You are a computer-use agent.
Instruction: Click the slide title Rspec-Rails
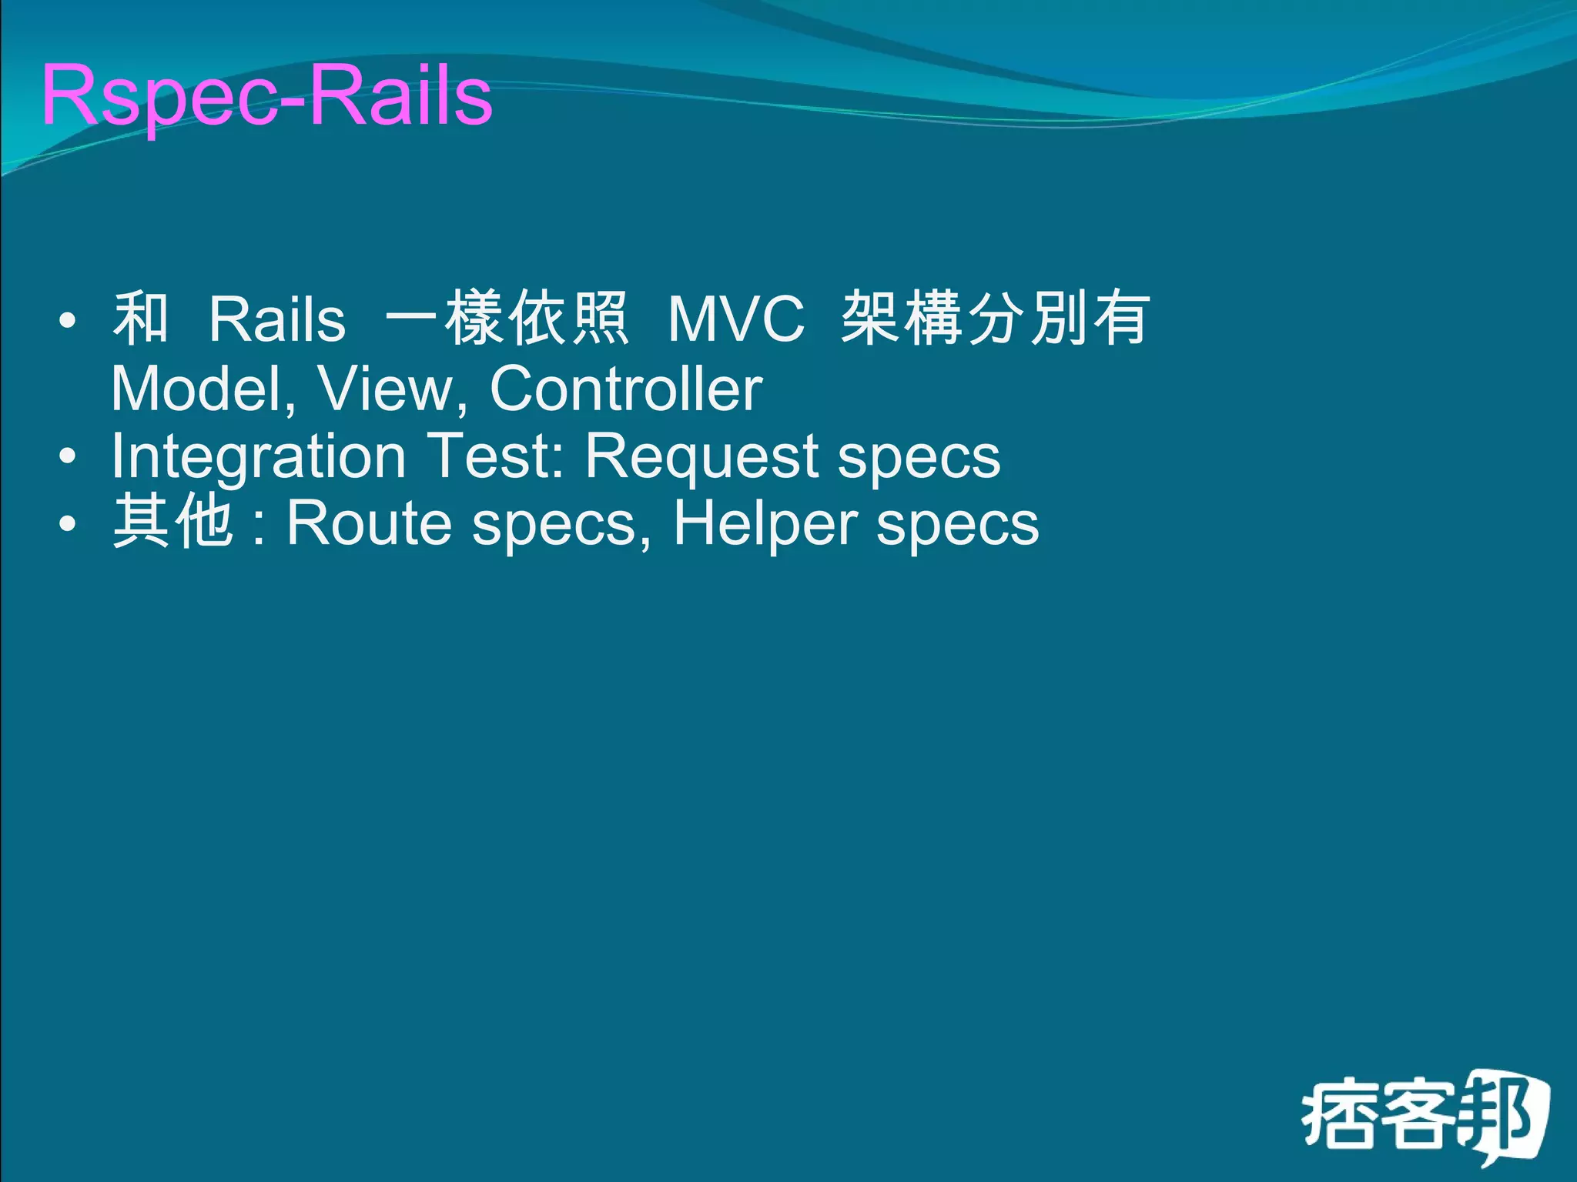pos(266,96)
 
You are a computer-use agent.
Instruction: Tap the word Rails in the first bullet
pos(277,320)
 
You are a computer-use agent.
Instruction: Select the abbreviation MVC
pos(736,320)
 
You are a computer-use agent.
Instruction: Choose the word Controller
pos(626,389)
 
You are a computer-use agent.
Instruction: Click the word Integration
pos(259,456)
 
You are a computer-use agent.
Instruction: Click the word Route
pos(369,524)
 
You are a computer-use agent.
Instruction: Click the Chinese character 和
pos(141,319)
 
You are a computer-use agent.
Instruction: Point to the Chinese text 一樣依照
pos(507,319)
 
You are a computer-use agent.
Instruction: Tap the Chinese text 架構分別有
pos(995,319)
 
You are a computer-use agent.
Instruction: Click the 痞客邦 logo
pos(1425,1117)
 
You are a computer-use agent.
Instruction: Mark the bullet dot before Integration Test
pos(68,457)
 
